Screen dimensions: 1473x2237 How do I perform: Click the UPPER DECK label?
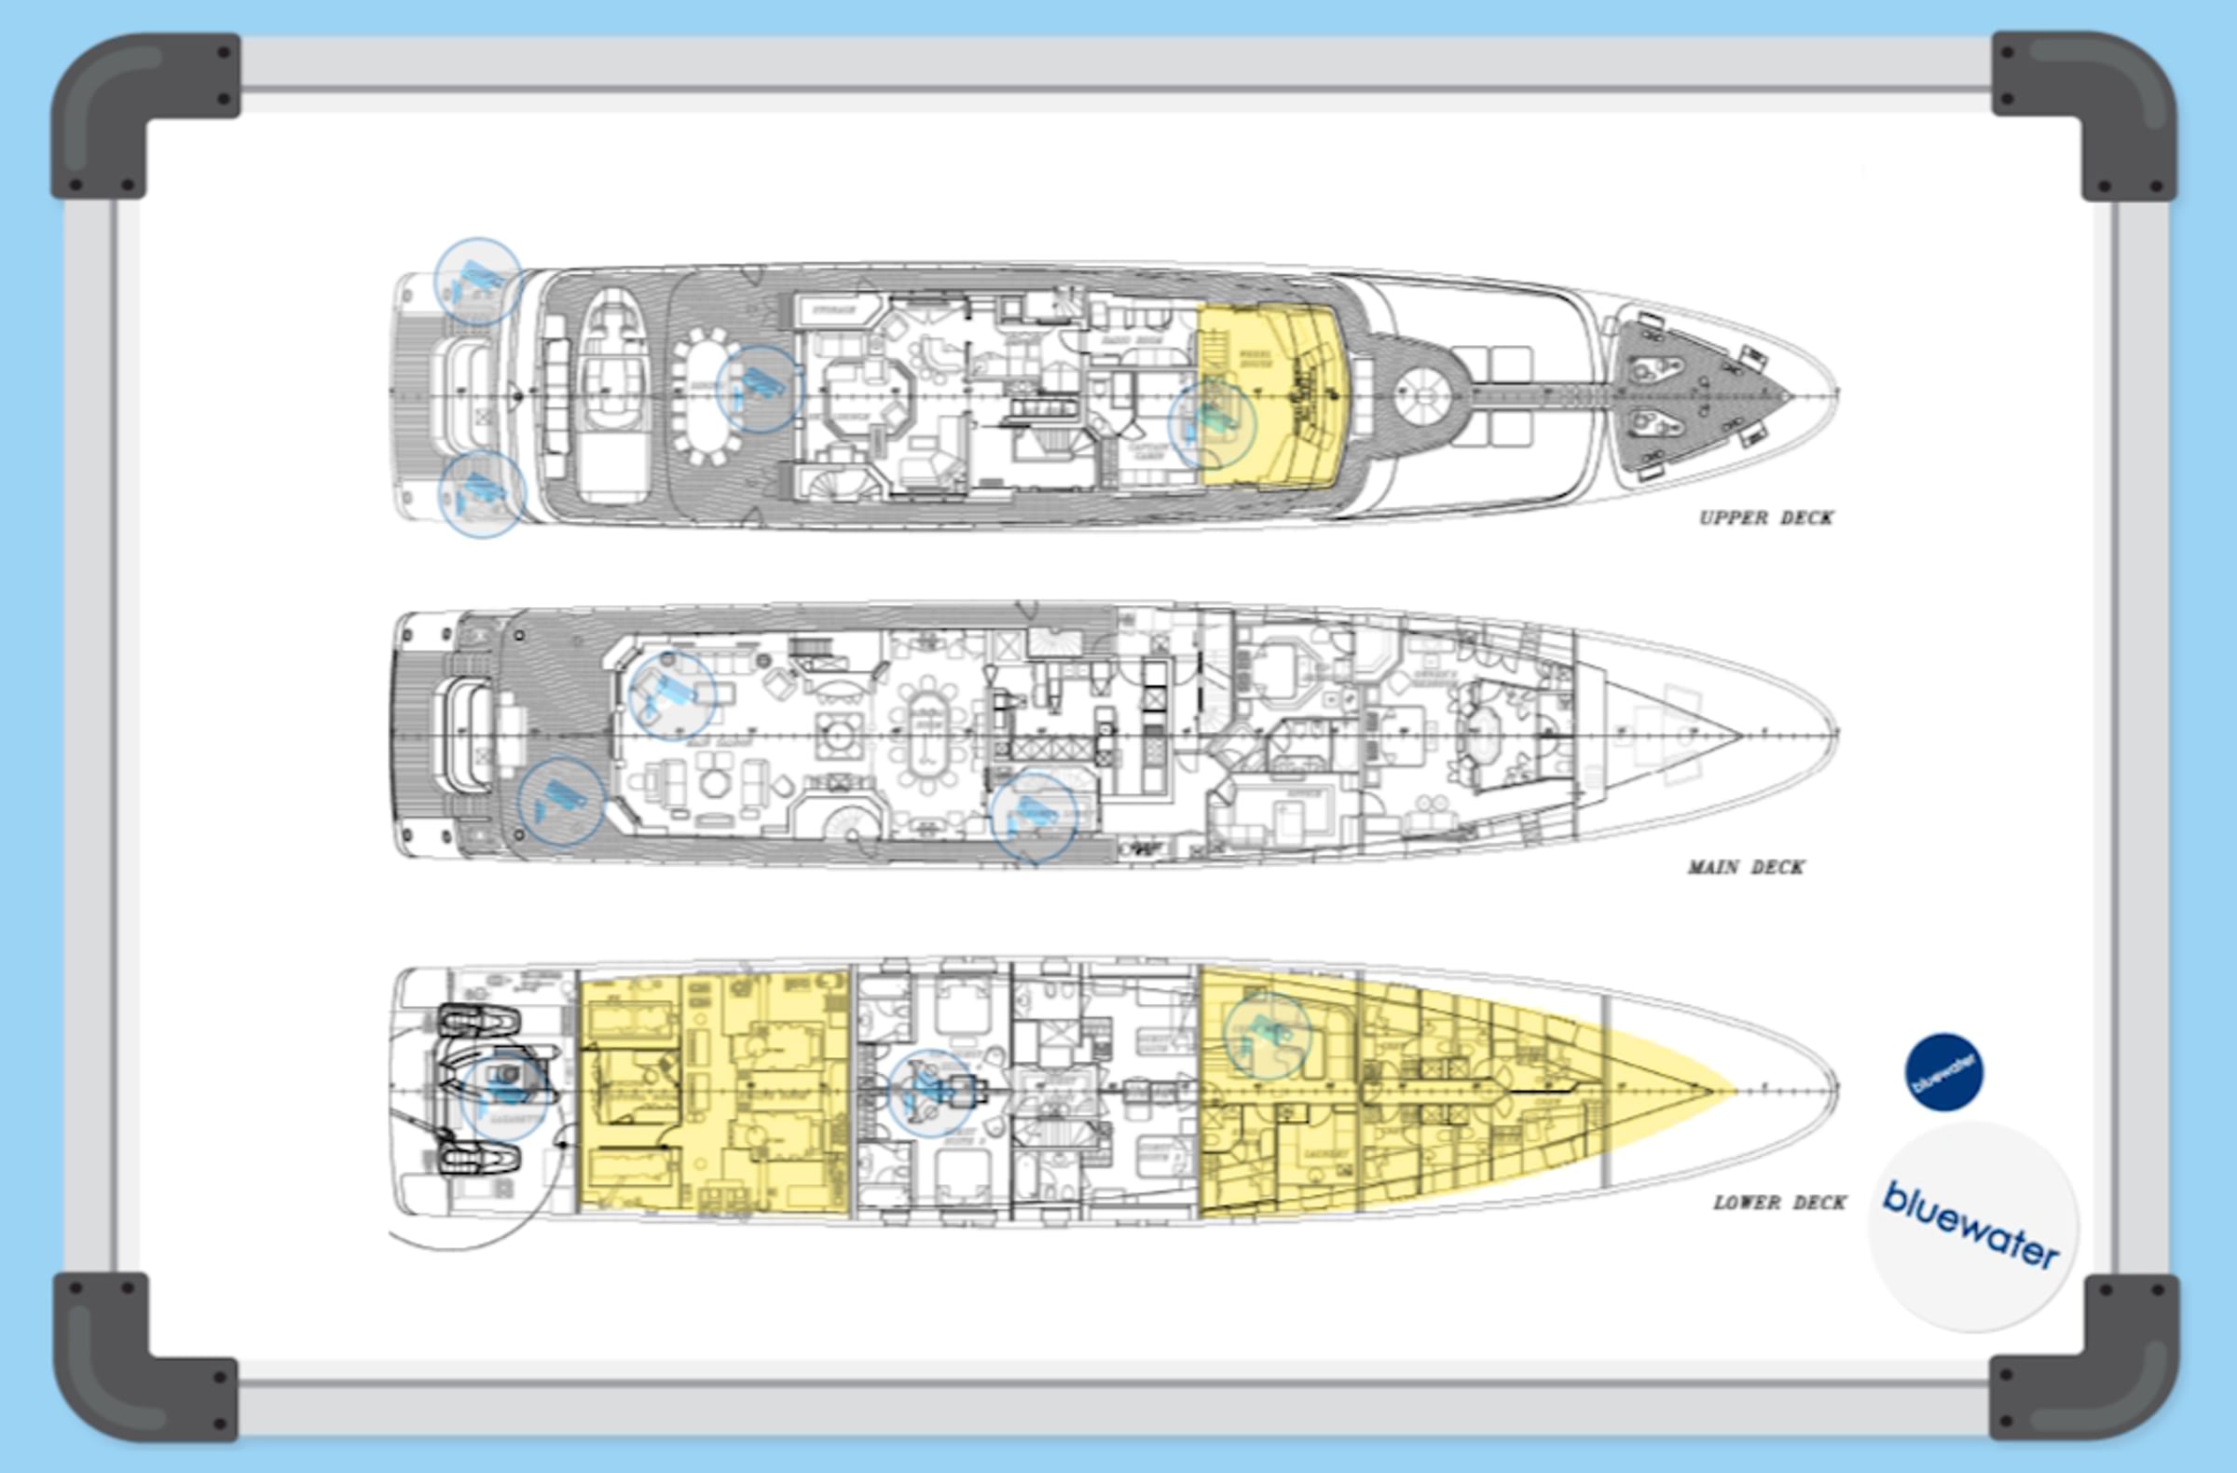(1766, 517)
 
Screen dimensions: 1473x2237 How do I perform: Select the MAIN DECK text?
(1746, 867)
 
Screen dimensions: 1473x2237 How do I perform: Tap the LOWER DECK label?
(1779, 1203)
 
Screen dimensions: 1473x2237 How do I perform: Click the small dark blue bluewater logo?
(1943, 1071)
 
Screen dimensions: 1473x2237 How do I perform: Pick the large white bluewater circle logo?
(1972, 1226)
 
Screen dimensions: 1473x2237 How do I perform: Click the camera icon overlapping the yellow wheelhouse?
(1212, 423)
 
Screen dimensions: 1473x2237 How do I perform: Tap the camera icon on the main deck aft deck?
(561, 802)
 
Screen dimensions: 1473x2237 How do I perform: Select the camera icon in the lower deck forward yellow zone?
(1267, 1036)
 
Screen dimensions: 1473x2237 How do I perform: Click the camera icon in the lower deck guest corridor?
(930, 1094)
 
